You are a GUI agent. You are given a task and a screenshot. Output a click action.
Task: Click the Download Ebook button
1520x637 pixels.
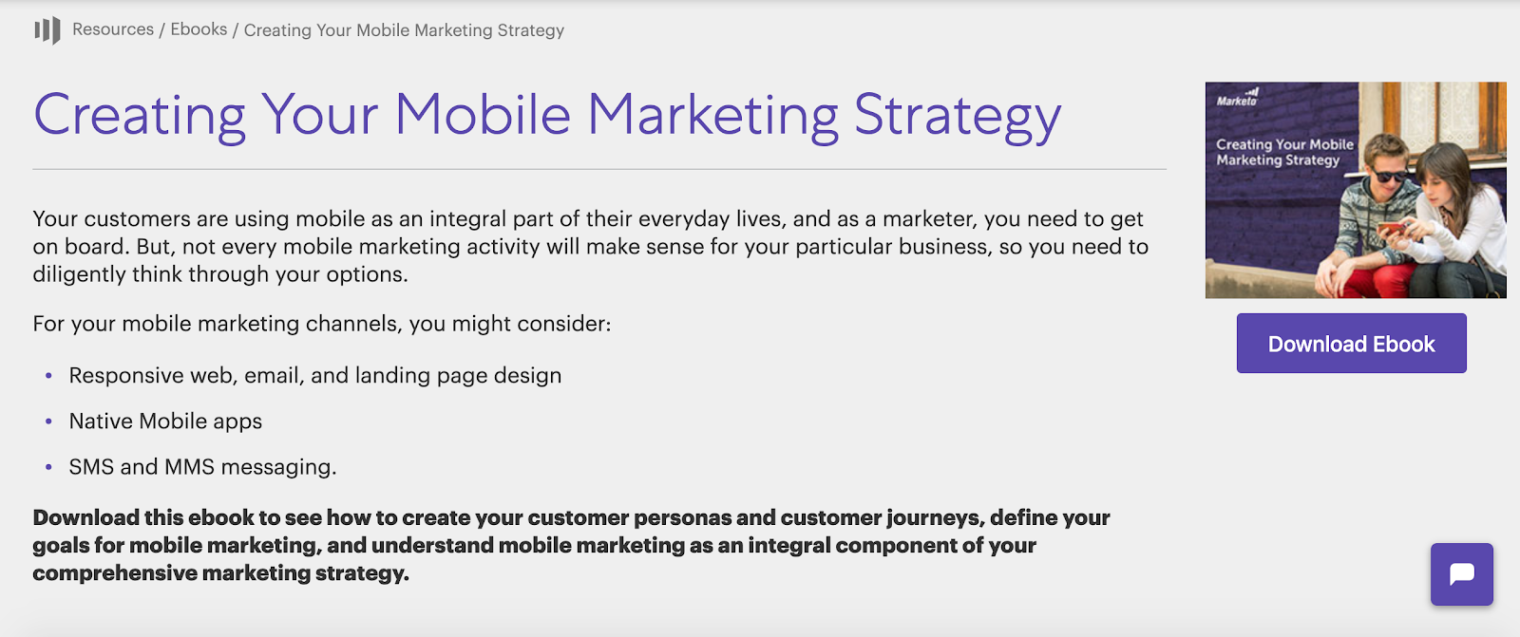[x=1351, y=344]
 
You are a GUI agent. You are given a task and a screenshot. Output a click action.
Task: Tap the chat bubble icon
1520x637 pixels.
[x=1462, y=574]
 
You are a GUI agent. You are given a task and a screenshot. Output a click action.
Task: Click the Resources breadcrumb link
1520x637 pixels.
[x=113, y=29]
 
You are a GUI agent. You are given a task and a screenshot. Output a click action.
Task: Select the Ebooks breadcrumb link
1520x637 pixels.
[x=199, y=29]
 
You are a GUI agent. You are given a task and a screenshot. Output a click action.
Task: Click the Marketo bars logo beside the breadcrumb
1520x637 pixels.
[x=47, y=30]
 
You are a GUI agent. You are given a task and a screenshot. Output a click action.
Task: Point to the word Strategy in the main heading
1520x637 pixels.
[x=958, y=115]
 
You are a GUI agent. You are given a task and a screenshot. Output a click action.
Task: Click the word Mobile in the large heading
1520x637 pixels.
[x=483, y=114]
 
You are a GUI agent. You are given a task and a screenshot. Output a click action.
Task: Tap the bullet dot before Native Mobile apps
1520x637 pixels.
[x=48, y=422]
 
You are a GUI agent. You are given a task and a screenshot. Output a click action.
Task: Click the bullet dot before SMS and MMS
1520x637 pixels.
[x=48, y=467]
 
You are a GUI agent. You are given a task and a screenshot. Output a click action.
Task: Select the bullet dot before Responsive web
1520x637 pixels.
[x=48, y=375]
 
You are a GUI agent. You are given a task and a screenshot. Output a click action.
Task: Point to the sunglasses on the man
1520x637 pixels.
[x=1388, y=175]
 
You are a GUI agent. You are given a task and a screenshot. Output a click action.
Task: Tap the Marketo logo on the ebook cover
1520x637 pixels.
[x=1237, y=98]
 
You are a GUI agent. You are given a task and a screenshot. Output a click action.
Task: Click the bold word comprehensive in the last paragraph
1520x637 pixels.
[x=115, y=573]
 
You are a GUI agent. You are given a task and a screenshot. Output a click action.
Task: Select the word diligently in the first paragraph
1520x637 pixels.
[x=80, y=274]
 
